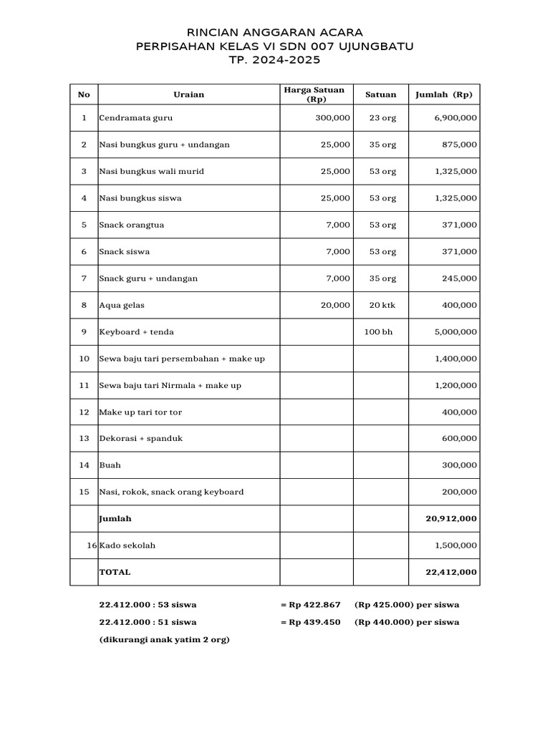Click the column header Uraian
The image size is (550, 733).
188,94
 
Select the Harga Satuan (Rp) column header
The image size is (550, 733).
316,94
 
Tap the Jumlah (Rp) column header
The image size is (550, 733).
444,94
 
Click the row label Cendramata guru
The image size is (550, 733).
136,118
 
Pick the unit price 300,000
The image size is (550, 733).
333,118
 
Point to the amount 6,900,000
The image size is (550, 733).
456,118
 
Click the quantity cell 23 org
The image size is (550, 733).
382,118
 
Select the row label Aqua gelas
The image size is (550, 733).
122,305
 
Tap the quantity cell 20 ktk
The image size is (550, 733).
382,305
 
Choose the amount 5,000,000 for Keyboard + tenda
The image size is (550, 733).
456,332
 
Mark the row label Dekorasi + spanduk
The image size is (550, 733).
140,438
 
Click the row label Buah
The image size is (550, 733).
110,465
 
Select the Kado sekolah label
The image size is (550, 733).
127,545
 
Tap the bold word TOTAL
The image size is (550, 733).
115,572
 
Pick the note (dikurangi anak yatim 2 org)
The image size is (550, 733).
164,639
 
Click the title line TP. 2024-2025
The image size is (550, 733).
274,59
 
